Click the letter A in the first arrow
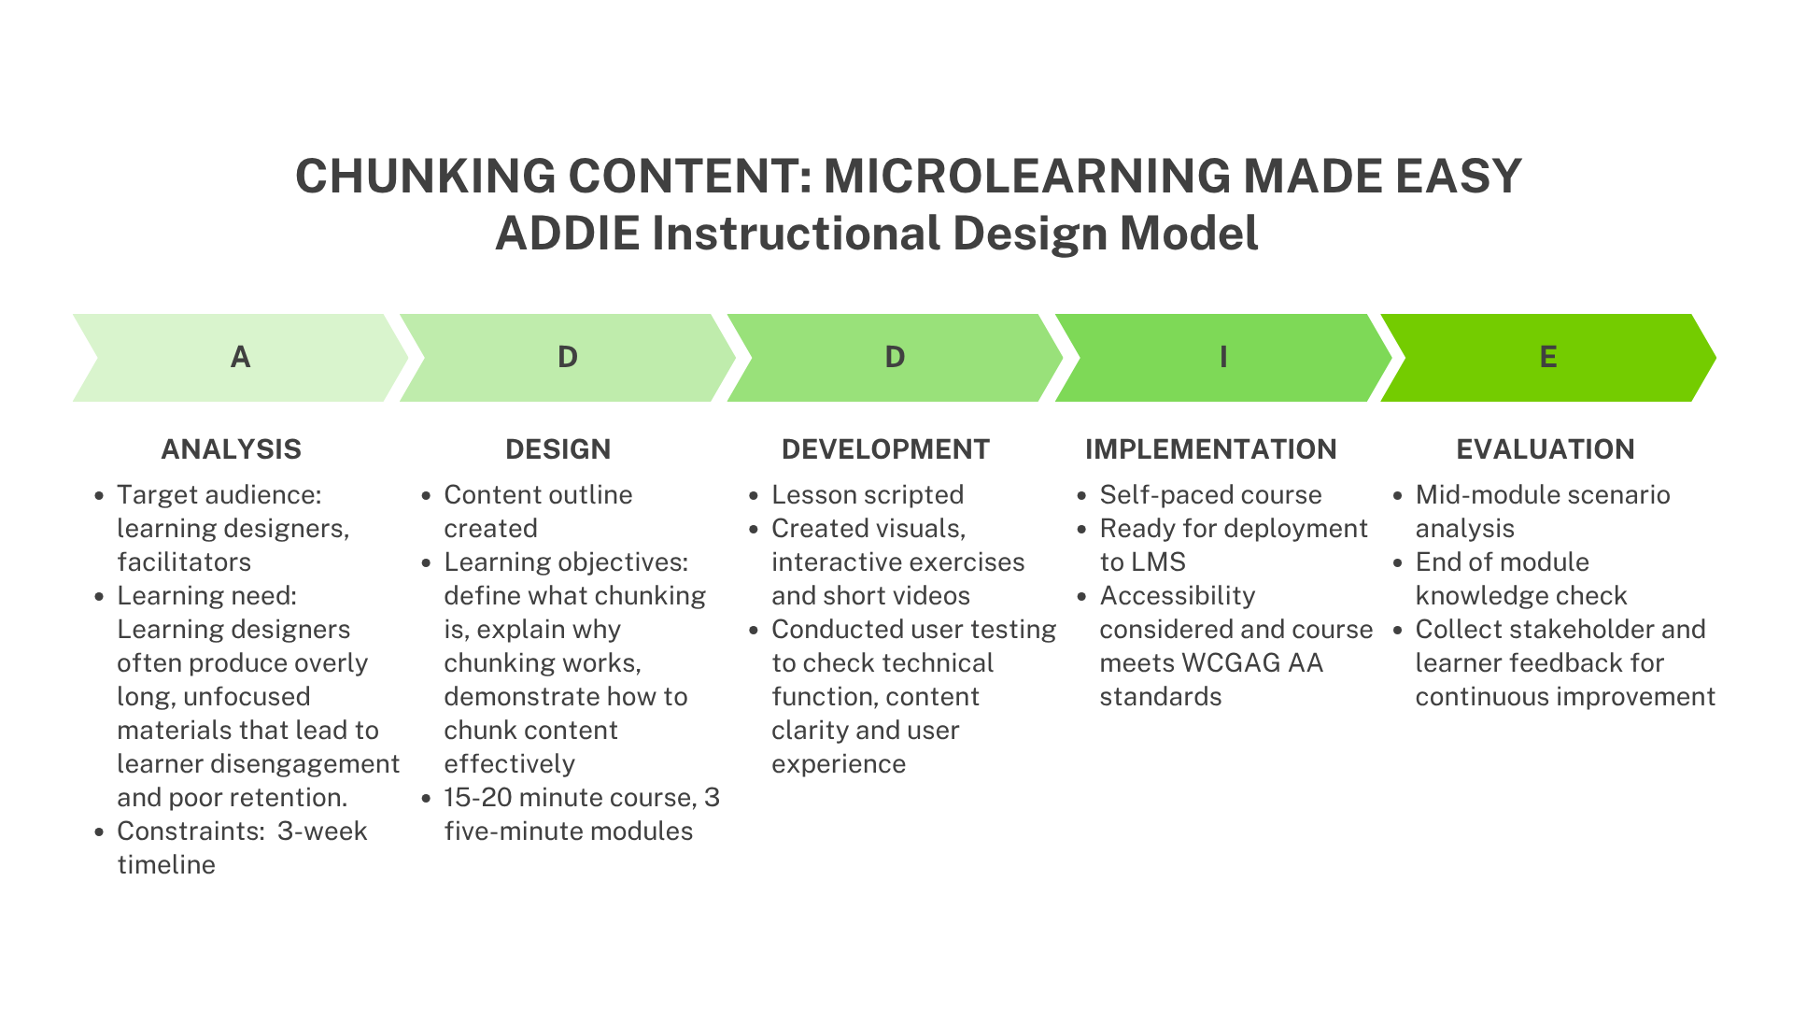tap(240, 357)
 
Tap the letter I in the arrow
tap(1223, 357)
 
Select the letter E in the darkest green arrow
tap(1547, 357)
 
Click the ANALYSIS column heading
tap(231, 449)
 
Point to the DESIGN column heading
tap(558, 449)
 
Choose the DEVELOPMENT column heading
tap(885, 449)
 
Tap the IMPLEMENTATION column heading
tap(1210, 449)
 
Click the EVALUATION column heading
tap(1545, 449)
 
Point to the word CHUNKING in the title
tap(425, 176)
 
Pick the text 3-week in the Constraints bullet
tap(322, 831)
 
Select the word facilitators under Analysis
tap(184, 562)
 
